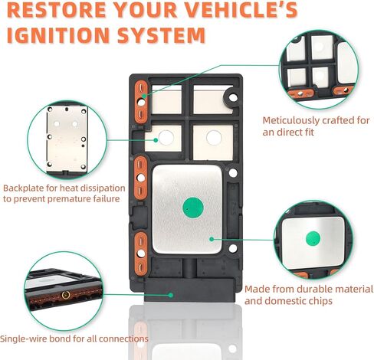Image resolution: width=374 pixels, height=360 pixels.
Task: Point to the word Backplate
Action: (x=23, y=188)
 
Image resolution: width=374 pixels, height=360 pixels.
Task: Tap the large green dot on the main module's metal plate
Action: (x=193, y=208)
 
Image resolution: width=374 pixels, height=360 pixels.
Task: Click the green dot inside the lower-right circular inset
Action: (x=313, y=239)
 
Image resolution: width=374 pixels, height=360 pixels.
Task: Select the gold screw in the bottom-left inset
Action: (x=66, y=295)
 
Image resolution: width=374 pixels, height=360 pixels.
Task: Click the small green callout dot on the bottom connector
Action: (x=171, y=295)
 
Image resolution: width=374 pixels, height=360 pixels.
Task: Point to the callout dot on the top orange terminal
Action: (x=144, y=96)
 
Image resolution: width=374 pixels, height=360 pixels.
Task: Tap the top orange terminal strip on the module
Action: (x=141, y=102)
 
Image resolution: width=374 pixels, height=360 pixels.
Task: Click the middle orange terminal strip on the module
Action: (x=141, y=178)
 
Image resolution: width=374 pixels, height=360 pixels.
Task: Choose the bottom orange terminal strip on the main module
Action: (x=141, y=254)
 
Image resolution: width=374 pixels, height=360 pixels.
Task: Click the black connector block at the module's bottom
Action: (x=189, y=290)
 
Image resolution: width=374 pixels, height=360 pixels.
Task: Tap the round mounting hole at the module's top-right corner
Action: (x=233, y=97)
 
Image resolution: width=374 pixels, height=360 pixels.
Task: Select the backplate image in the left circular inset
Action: (x=67, y=139)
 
